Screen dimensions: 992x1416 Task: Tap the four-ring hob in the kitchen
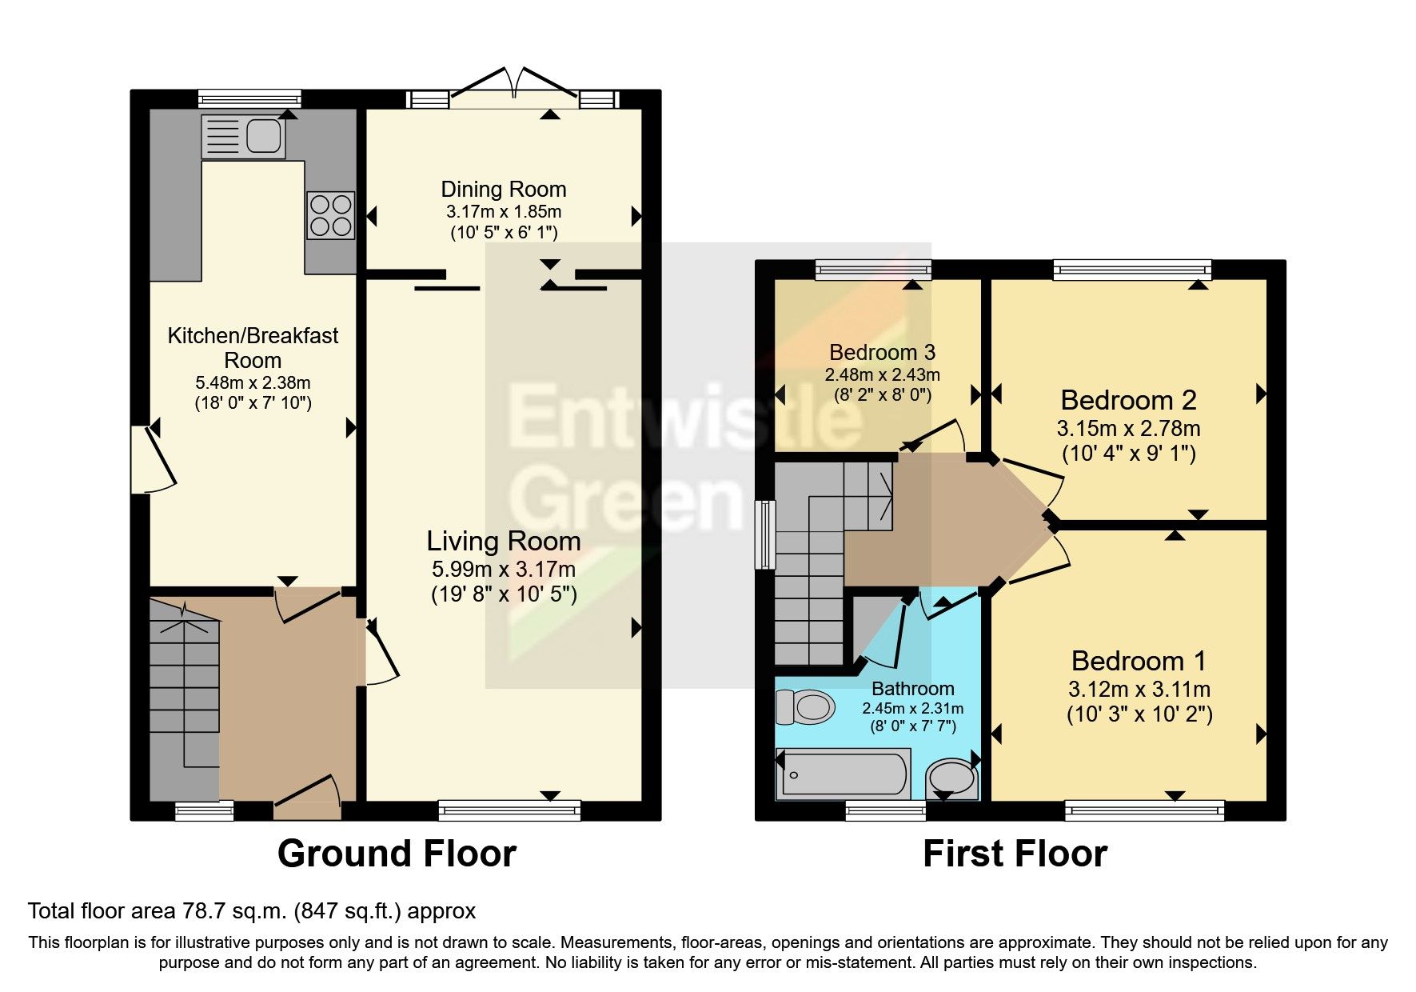pos(331,215)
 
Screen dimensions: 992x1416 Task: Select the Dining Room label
pos(504,190)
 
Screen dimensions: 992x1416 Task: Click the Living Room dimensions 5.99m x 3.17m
pos(504,570)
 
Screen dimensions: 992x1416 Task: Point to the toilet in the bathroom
pos(805,707)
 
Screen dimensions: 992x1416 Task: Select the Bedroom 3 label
pos(882,353)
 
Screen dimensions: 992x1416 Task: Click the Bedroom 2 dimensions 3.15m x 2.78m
pos(1128,429)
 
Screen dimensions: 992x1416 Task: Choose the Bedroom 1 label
pos(1139,662)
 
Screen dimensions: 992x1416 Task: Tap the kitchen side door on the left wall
pos(154,461)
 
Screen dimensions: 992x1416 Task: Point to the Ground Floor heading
pos(397,854)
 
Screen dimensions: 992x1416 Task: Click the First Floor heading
pos(1015,854)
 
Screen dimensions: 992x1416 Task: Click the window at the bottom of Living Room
pos(509,810)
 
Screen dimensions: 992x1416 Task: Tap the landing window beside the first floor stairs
pos(767,534)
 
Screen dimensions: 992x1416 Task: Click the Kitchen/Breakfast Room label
pos(253,347)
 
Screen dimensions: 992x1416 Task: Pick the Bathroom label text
pos(912,689)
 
